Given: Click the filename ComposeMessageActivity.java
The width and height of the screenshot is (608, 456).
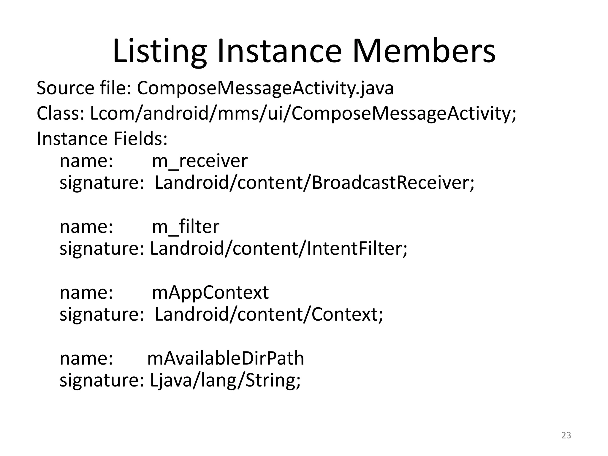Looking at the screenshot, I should pos(265,88).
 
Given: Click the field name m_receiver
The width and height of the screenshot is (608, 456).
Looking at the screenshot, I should pos(199,161).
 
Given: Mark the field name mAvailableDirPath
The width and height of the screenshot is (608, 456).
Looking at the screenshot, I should pos(226,358).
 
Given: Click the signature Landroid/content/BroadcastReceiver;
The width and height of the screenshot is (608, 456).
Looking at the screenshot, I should pos(315,183).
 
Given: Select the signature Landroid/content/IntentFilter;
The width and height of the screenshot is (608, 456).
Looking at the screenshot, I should pos(279,248).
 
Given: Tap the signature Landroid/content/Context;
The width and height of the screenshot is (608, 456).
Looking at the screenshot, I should pos(269,314).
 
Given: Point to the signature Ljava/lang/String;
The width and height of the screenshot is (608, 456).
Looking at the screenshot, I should pos(225,380).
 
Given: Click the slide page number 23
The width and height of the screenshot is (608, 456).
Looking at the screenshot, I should pos(566,435).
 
